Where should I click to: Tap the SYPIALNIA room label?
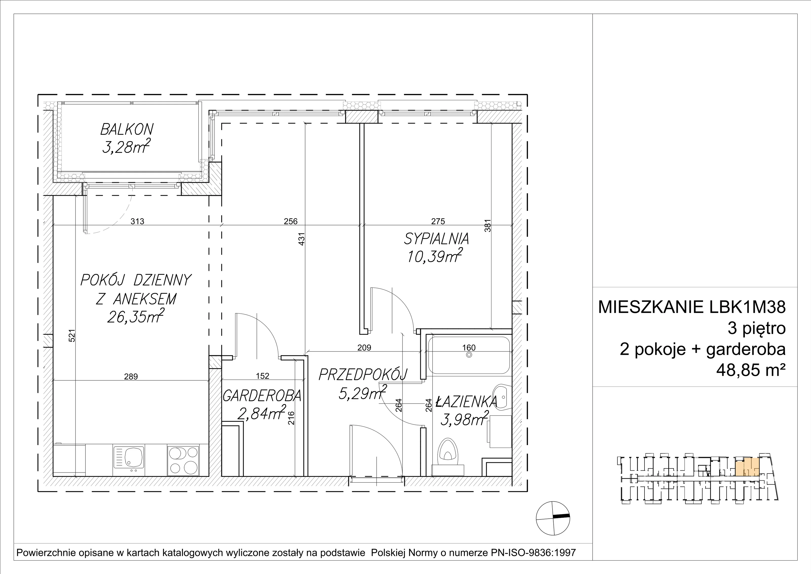[x=437, y=239]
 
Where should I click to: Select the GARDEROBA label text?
[x=262, y=396]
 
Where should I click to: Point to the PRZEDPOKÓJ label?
[x=363, y=375]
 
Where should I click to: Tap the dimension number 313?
[x=137, y=221]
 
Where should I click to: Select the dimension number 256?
[x=291, y=221]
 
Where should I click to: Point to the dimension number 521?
[x=72, y=336]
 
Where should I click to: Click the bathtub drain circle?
[x=469, y=355]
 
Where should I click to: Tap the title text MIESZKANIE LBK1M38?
[x=692, y=307]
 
